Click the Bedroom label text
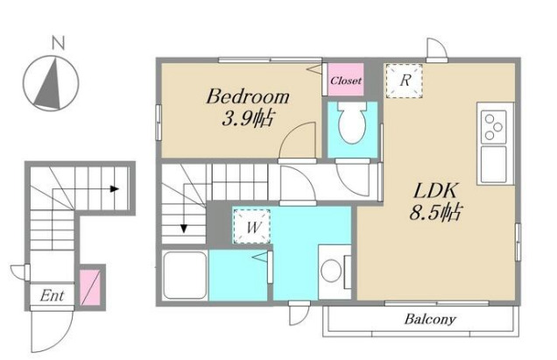coord(248,96)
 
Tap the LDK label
coord(435,191)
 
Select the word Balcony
coord(430,319)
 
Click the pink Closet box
coord(345,79)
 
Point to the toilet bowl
coord(352,123)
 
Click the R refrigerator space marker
coord(405,81)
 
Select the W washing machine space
coord(251,226)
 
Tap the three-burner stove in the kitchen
coord(493,127)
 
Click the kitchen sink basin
coord(493,164)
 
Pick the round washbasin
coord(331,270)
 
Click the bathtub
coord(185,275)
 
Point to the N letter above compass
coord(59,43)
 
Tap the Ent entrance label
coord(52,295)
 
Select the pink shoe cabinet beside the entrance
coord(90,288)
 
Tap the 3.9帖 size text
coord(248,118)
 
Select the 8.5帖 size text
coord(435,212)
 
